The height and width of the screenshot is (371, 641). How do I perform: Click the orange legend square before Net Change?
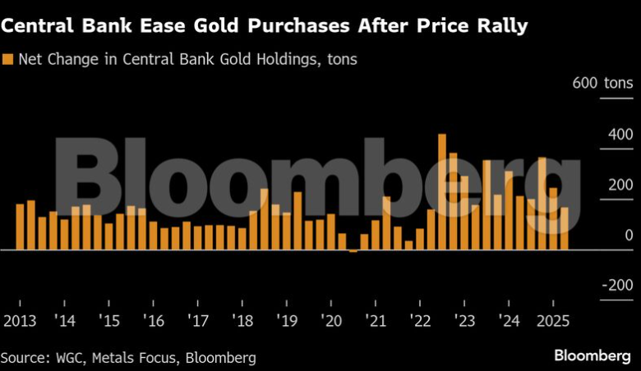[x=8, y=59]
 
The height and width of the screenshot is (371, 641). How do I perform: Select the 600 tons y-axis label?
[x=603, y=83]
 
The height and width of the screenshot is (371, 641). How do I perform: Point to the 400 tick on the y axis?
[x=620, y=134]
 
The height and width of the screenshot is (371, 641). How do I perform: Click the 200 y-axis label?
[x=620, y=185]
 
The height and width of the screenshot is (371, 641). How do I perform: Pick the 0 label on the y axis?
[x=628, y=236]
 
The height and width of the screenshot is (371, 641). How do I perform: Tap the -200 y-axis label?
[x=616, y=286]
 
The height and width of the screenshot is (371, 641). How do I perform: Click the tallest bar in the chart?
[x=442, y=192]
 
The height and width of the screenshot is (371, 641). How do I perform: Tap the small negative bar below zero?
[x=353, y=251]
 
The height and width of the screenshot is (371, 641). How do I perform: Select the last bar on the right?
[x=565, y=229]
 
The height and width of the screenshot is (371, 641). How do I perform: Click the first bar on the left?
[x=20, y=227]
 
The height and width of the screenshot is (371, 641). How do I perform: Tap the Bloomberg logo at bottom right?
[x=593, y=356]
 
